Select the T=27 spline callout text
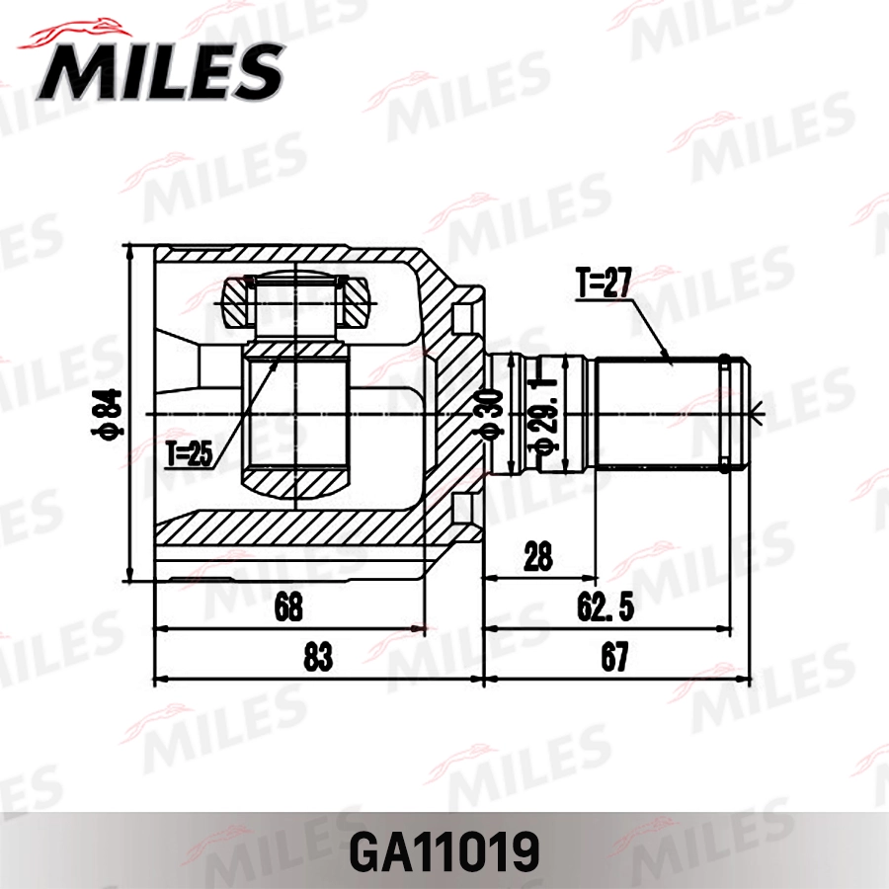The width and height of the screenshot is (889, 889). pos(604,284)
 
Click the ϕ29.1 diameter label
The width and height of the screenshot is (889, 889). pos(540,415)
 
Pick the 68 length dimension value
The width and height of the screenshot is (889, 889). pos(288,606)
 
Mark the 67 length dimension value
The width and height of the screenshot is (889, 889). pos(615,657)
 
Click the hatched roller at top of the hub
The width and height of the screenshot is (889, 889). pos(297,302)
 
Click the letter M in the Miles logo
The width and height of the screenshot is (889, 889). pos(74,72)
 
